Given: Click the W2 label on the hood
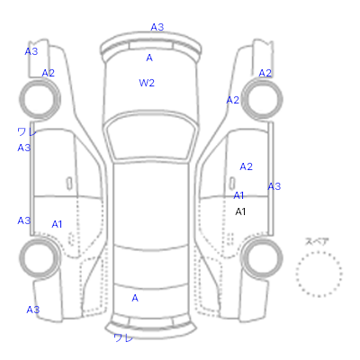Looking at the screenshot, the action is (147, 83).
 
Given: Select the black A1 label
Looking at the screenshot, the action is (240, 211).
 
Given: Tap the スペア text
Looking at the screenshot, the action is (317, 241).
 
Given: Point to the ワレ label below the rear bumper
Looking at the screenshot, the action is (123, 337).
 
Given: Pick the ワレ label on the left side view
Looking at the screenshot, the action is (27, 131).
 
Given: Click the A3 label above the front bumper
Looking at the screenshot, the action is (157, 27).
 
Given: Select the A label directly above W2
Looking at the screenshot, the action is (149, 58).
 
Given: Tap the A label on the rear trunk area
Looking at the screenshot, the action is (135, 298).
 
